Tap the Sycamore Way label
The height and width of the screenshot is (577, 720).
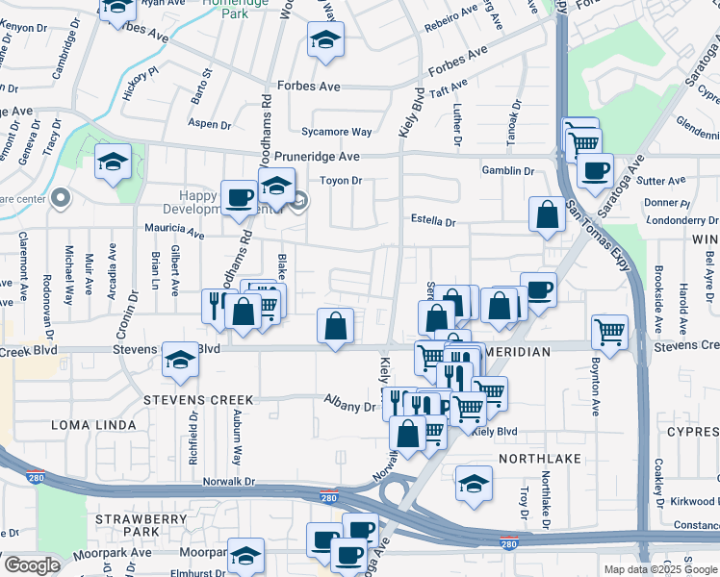coord(336,132)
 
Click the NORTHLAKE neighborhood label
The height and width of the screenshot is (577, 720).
coord(540,459)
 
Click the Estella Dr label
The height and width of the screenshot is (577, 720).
coord(431,221)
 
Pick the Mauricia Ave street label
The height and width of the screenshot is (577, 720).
coord(174,233)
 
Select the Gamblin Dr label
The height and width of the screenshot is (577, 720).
coord(508,171)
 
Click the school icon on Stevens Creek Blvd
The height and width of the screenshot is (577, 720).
coord(180,360)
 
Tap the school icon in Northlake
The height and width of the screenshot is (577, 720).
coord(474,484)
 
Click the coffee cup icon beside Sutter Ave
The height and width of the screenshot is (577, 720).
coord(595,171)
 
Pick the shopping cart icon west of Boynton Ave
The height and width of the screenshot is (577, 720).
coord(610,332)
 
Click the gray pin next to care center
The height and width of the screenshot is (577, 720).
coord(61,199)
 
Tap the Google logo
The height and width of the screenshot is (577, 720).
coord(32,565)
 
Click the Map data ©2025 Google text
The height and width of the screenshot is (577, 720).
coord(659,569)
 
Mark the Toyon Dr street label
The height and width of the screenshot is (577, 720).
coord(341,181)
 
